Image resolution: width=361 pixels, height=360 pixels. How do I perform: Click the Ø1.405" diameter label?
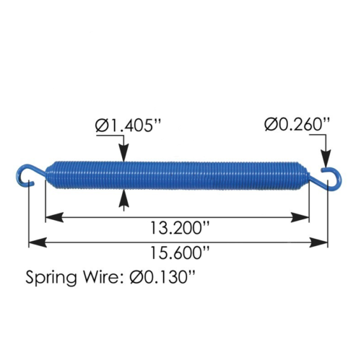click(126, 126)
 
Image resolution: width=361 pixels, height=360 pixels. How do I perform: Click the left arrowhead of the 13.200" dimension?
click(52, 216)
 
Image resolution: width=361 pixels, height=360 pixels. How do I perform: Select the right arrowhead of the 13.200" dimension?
click(303, 216)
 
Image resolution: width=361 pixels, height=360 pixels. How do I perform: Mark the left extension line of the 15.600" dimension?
click(29, 216)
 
